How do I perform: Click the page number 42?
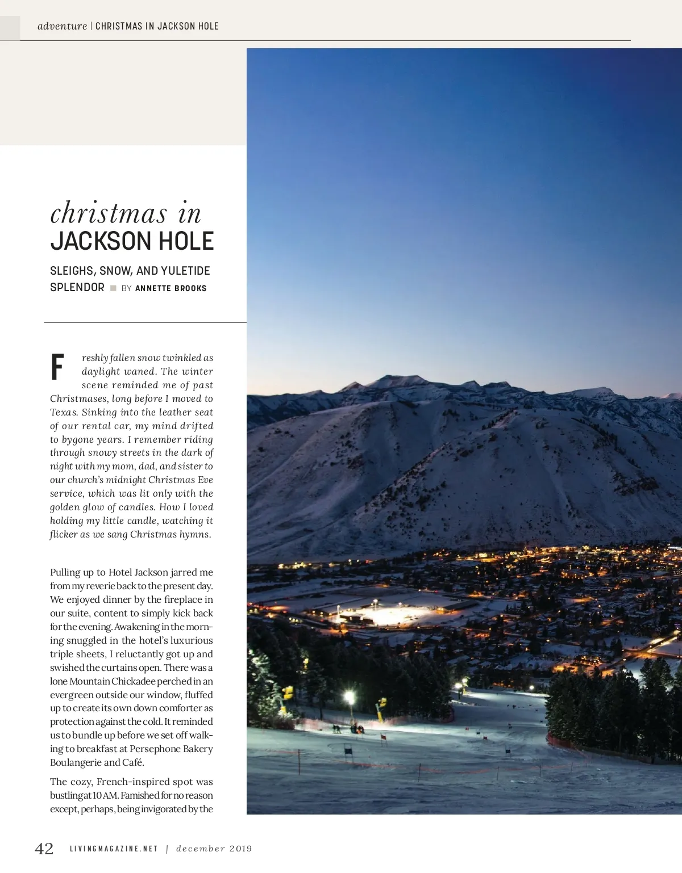[x=44, y=849]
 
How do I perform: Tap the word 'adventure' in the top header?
[x=62, y=26]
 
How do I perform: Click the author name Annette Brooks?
[x=171, y=288]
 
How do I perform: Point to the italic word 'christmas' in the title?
[x=109, y=213]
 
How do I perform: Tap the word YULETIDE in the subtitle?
[x=185, y=271]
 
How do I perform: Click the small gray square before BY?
[x=113, y=288]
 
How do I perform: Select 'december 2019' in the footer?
[x=214, y=849]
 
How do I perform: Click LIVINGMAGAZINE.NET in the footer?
[x=114, y=849]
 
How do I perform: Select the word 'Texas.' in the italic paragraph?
[x=64, y=412]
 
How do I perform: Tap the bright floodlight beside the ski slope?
[x=350, y=696]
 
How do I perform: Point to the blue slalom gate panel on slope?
[x=348, y=750]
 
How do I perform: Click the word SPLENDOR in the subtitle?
[x=77, y=287]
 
